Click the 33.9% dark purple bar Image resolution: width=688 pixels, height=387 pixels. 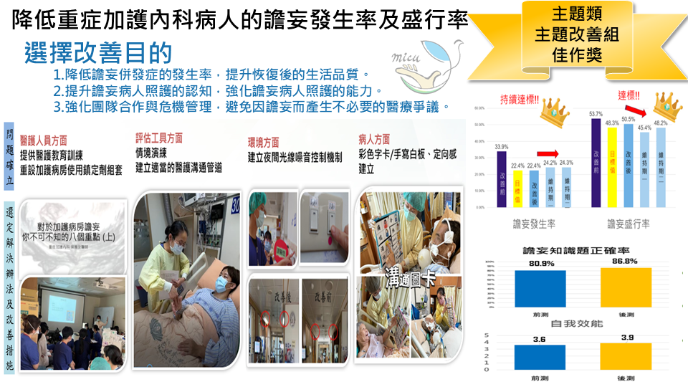(502, 179)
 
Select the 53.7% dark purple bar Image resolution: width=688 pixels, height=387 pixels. (596, 163)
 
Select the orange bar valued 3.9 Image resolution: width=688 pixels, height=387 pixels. (626, 356)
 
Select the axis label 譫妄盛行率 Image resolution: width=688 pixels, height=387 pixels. (628, 224)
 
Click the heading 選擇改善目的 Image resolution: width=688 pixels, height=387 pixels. (98, 53)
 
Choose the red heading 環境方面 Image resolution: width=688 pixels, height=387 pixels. (263, 141)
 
